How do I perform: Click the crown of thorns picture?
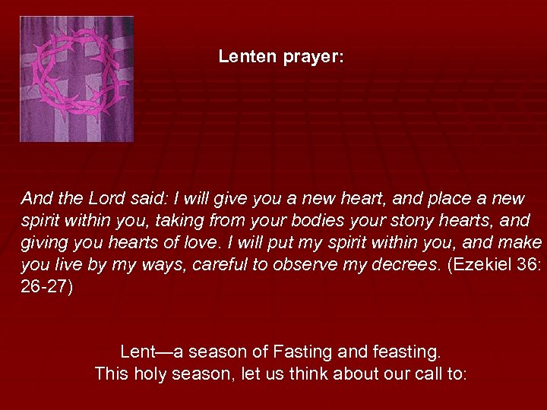76,79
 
